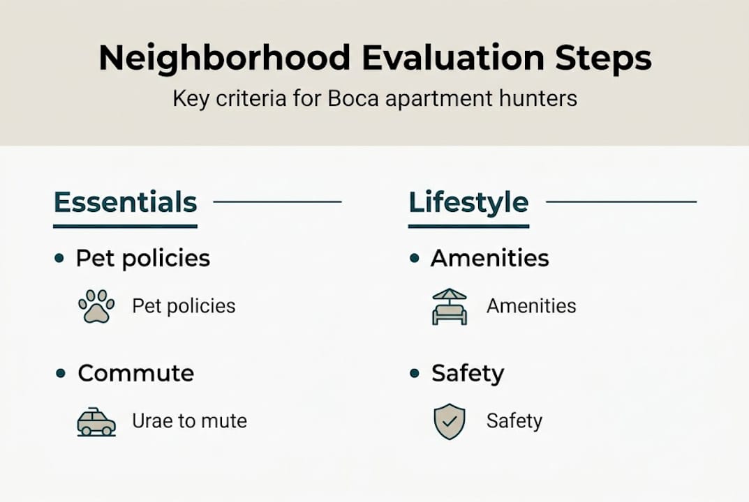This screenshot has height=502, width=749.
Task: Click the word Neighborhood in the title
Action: tap(224, 59)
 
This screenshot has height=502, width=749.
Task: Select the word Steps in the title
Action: tap(604, 59)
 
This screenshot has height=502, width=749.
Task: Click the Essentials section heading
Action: tap(125, 202)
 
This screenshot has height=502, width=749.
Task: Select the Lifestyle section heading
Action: tap(468, 202)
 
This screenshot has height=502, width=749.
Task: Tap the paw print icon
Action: tap(96, 306)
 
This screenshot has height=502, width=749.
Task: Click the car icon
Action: tap(96, 422)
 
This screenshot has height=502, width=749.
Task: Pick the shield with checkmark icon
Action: tap(450, 421)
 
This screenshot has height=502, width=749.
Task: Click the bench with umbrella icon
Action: tap(450, 306)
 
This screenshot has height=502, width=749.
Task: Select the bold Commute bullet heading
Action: tap(136, 373)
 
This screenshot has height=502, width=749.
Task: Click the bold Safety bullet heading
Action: tap(468, 373)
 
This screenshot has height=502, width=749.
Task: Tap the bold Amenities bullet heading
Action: tap(490, 258)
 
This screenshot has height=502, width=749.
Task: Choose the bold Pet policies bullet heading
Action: tap(143, 258)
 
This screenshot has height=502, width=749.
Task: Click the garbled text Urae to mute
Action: tap(189, 421)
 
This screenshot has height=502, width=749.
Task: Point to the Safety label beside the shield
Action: tap(514, 421)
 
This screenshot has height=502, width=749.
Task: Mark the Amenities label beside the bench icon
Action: tap(531, 306)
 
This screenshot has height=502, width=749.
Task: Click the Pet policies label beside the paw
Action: tap(184, 306)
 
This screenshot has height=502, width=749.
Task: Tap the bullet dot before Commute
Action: tap(60, 374)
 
